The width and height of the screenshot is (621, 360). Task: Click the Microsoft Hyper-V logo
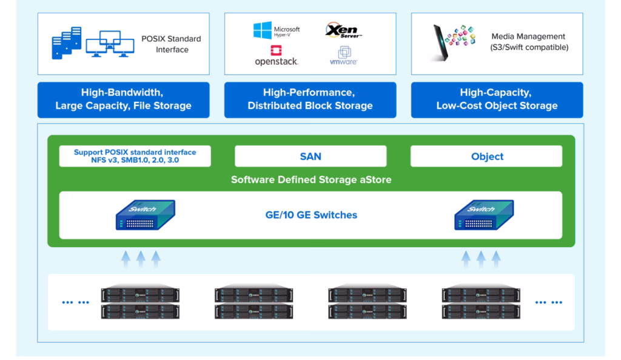(277, 30)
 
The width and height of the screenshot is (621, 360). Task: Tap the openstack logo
(276, 55)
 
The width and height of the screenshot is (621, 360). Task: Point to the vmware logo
(343, 56)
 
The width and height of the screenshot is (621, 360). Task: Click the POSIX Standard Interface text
(172, 44)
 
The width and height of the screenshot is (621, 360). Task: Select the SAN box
(310, 156)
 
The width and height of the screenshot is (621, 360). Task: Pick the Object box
(486, 156)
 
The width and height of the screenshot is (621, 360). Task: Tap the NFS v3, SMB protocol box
(135, 156)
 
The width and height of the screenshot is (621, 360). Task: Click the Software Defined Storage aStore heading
(310, 180)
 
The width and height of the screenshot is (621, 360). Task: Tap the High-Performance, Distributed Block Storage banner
(310, 99)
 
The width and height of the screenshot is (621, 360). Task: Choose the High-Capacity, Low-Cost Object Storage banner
(497, 99)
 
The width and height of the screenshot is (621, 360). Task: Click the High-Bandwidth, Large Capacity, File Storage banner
(123, 99)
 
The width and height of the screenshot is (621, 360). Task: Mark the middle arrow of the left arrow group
(141, 259)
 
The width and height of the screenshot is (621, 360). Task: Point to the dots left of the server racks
(75, 302)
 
